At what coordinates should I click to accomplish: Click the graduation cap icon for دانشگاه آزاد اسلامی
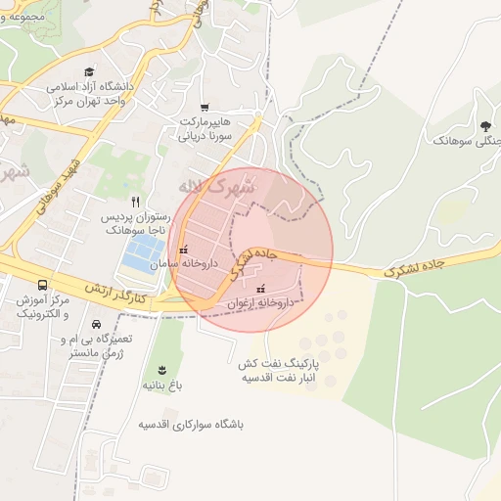(x=90, y=71)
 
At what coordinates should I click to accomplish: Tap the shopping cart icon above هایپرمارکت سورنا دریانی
(x=205, y=107)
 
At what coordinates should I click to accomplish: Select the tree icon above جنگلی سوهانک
(x=485, y=125)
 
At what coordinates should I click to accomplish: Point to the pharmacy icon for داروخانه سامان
(x=182, y=250)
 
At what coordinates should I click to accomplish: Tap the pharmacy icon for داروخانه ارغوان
(x=260, y=290)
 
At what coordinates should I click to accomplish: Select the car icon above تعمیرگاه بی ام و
(x=96, y=324)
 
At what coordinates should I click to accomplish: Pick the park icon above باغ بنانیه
(x=160, y=369)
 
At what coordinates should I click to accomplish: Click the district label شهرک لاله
(x=217, y=185)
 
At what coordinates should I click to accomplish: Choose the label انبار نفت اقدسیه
(x=278, y=377)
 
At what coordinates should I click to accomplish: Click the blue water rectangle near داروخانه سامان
(x=142, y=254)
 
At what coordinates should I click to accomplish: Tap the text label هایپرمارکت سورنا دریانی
(x=205, y=129)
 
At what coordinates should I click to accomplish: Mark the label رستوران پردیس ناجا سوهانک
(x=136, y=222)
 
